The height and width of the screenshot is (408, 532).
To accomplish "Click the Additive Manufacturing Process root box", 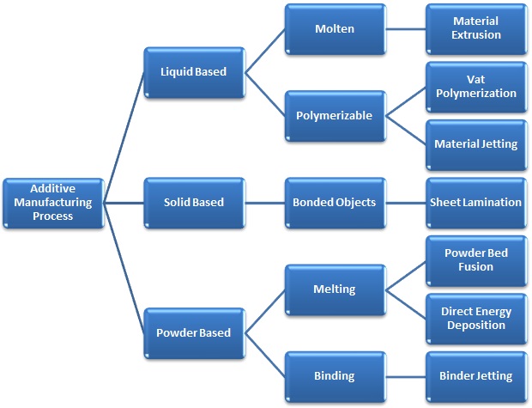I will click(x=52, y=203).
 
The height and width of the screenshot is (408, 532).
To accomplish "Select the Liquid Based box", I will click(x=194, y=71).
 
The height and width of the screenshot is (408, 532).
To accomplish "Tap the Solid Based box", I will click(x=194, y=202).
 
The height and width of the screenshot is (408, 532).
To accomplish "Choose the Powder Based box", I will click(x=194, y=332).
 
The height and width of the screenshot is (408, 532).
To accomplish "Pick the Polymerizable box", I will click(x=336, y=115).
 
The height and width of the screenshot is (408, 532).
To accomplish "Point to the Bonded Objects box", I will click(x=336, y=202).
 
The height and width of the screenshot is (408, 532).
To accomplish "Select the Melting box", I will click(x=336, y=289).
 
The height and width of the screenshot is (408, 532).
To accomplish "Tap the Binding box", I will click(x=336, y=375).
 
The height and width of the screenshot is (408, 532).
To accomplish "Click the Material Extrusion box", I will click(x=476, y=28).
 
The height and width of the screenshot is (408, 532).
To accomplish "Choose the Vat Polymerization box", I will click(x=476, y=86).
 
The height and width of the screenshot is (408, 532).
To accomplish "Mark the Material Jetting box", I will click(x=476, y=143).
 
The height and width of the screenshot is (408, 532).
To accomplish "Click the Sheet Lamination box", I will click(x=476, y=202).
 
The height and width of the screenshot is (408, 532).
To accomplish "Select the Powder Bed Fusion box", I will click(x=476, y=260).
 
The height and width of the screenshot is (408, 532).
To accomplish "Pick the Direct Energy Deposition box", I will click(x=476, y=318).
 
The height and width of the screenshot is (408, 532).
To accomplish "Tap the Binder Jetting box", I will click(x=476, y=375).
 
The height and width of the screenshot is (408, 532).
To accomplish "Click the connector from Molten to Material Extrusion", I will click(x=406, y=28).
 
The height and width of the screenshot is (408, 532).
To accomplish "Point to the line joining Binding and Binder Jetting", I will click(x=406, y=375).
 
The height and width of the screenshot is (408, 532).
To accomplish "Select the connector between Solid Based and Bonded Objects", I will click(x=264, y=203).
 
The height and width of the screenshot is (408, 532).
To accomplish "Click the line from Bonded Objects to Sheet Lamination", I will click(x=406, y=203).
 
